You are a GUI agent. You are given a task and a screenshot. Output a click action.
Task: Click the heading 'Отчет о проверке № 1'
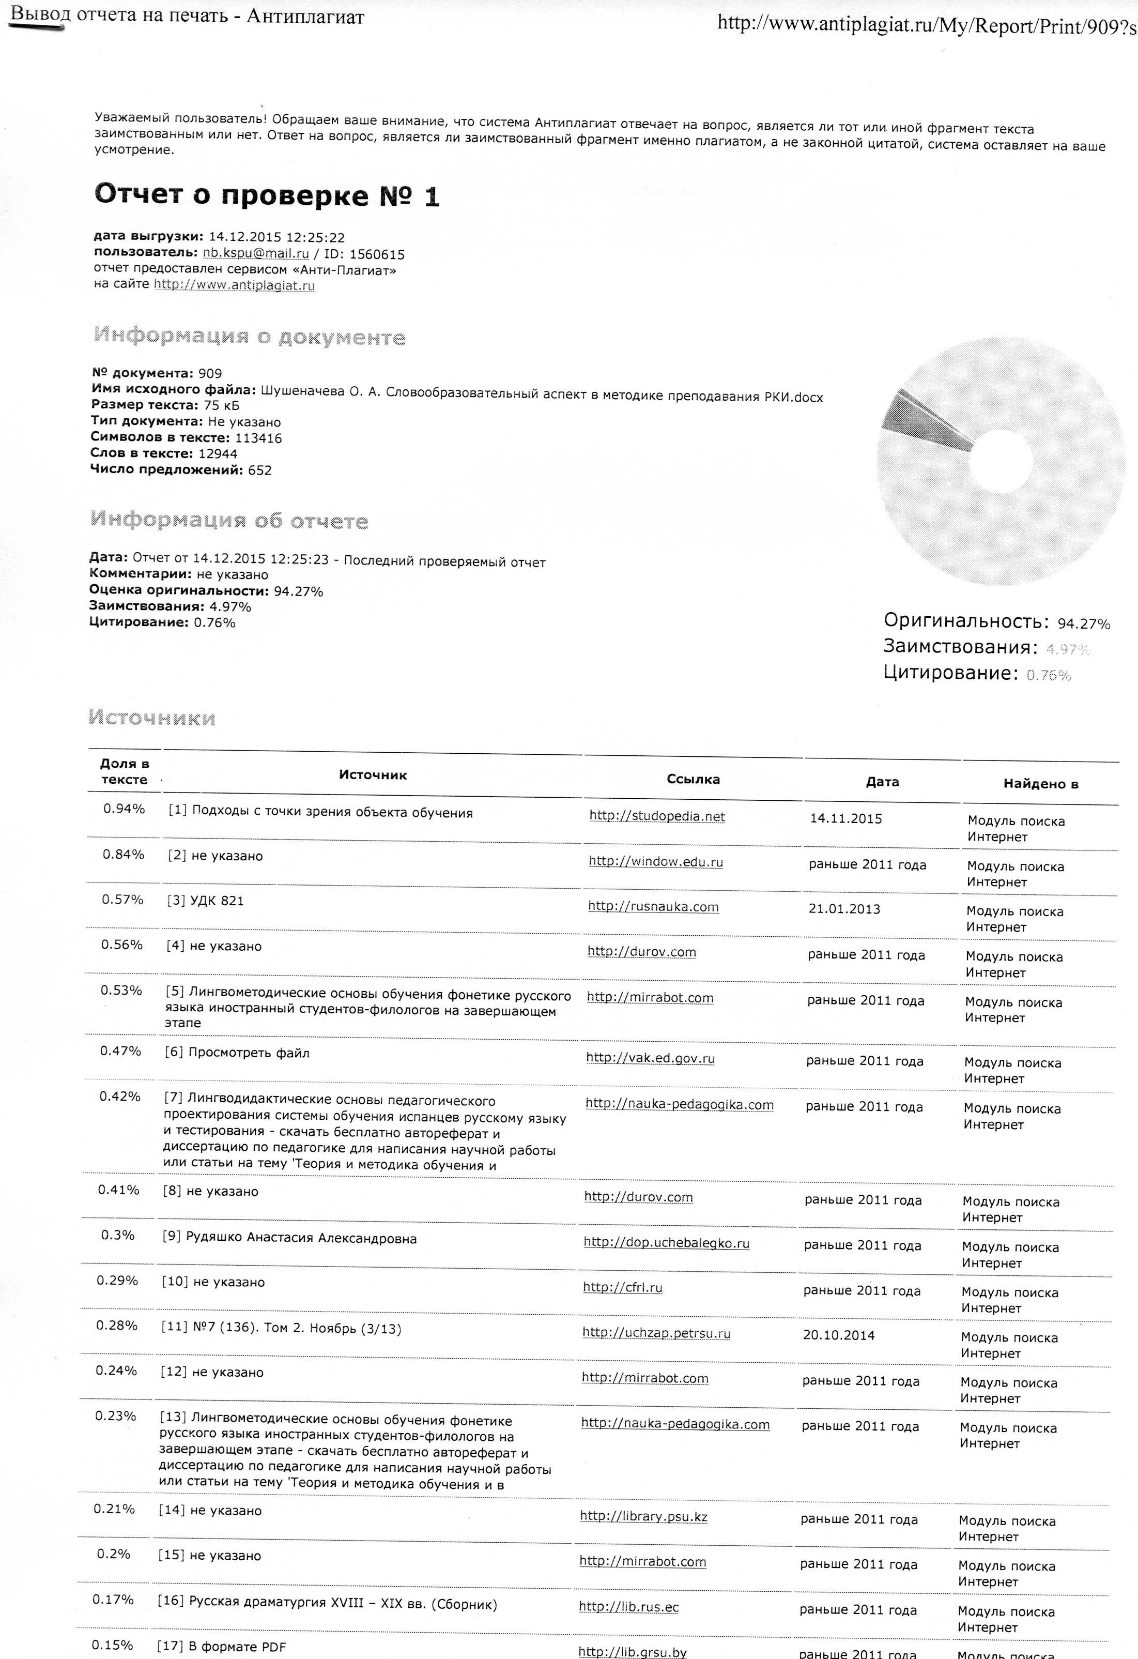[x=266, y=195]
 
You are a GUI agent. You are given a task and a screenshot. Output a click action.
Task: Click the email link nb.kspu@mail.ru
[x=255, y=253]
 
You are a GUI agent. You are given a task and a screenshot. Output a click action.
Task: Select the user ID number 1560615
[x=377, y=255]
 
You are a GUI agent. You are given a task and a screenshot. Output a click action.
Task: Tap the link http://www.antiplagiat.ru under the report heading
[x=234, y=285]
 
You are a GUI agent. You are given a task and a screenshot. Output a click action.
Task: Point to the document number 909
[x=210, y=373]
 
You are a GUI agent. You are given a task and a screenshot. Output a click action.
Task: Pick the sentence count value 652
[x=260, y=470]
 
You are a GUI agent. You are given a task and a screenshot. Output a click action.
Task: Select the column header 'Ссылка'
[x=693, y=780]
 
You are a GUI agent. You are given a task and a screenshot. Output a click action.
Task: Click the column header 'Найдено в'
[x=1040, y=784]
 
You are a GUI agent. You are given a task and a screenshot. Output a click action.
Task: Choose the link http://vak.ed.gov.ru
[x=650, y=1058]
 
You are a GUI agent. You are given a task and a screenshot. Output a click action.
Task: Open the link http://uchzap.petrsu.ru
[x=656, y=1333]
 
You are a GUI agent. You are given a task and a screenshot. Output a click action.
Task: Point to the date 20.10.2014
[x=838, y=1335]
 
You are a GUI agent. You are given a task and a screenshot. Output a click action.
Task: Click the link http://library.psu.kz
[x=643, y=1516]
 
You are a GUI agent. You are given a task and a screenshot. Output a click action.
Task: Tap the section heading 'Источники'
[x=152, y=718]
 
